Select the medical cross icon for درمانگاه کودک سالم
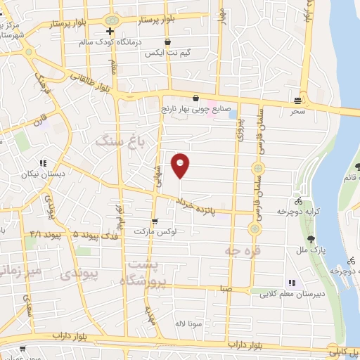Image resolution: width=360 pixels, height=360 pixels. click(x=110, y=32)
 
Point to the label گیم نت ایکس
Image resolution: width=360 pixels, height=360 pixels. click(x=164, y=53)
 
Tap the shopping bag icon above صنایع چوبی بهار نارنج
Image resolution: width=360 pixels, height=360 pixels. click(x=196, y=98)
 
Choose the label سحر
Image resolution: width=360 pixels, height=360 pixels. click(x=299, y=111)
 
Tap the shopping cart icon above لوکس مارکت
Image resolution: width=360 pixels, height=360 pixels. click(x=154, y=221)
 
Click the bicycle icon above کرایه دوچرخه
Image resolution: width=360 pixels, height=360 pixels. click(x=299, y=200)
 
